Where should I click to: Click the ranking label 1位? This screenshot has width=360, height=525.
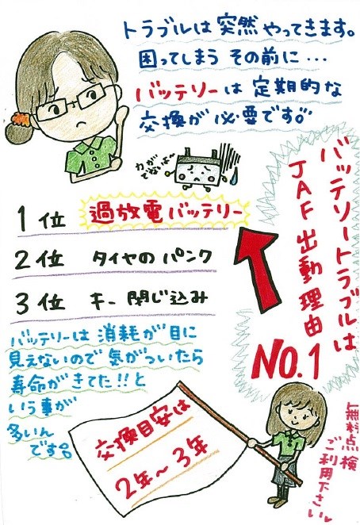pyautogui.click(x=41, y=220)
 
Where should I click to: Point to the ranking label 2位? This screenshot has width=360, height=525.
pyautogui.click(x=40, y=259)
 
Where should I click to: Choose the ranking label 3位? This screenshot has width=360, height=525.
pyautogui.click(x=40, y=302)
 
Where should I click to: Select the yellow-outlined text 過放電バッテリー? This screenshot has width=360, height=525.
pyautogui.click(x=165, y=213)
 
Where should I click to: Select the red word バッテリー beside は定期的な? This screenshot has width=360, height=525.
pyautogui.click(x=177, y=91)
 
